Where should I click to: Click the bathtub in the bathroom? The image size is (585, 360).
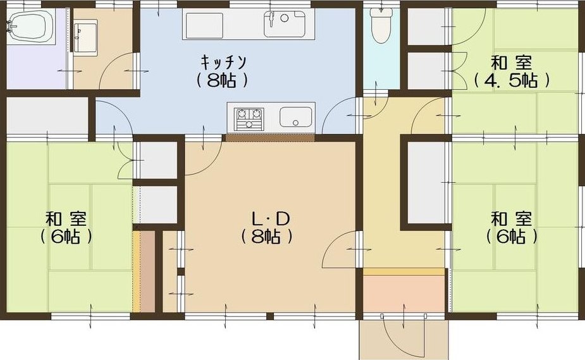(30, 26)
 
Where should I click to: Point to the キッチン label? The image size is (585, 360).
(223, 63)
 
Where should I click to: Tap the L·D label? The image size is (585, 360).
(271, 219)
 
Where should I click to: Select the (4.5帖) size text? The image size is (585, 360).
(512, 80)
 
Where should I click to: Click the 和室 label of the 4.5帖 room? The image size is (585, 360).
(511, 63)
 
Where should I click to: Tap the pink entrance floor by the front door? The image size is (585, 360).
(404, 294)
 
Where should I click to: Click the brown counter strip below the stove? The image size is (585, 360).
(270, 138)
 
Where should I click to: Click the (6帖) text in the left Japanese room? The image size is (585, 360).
(66, 236)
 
